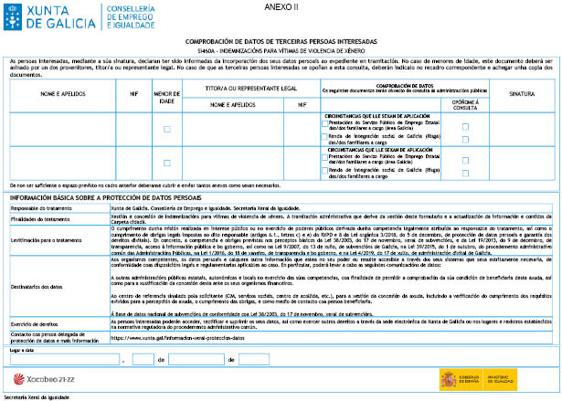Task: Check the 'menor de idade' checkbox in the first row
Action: coord(166,130)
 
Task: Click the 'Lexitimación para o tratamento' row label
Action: coord(44,239)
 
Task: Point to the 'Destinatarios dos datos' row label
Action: coord(37,286)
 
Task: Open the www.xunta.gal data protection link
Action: coord(168,338)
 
